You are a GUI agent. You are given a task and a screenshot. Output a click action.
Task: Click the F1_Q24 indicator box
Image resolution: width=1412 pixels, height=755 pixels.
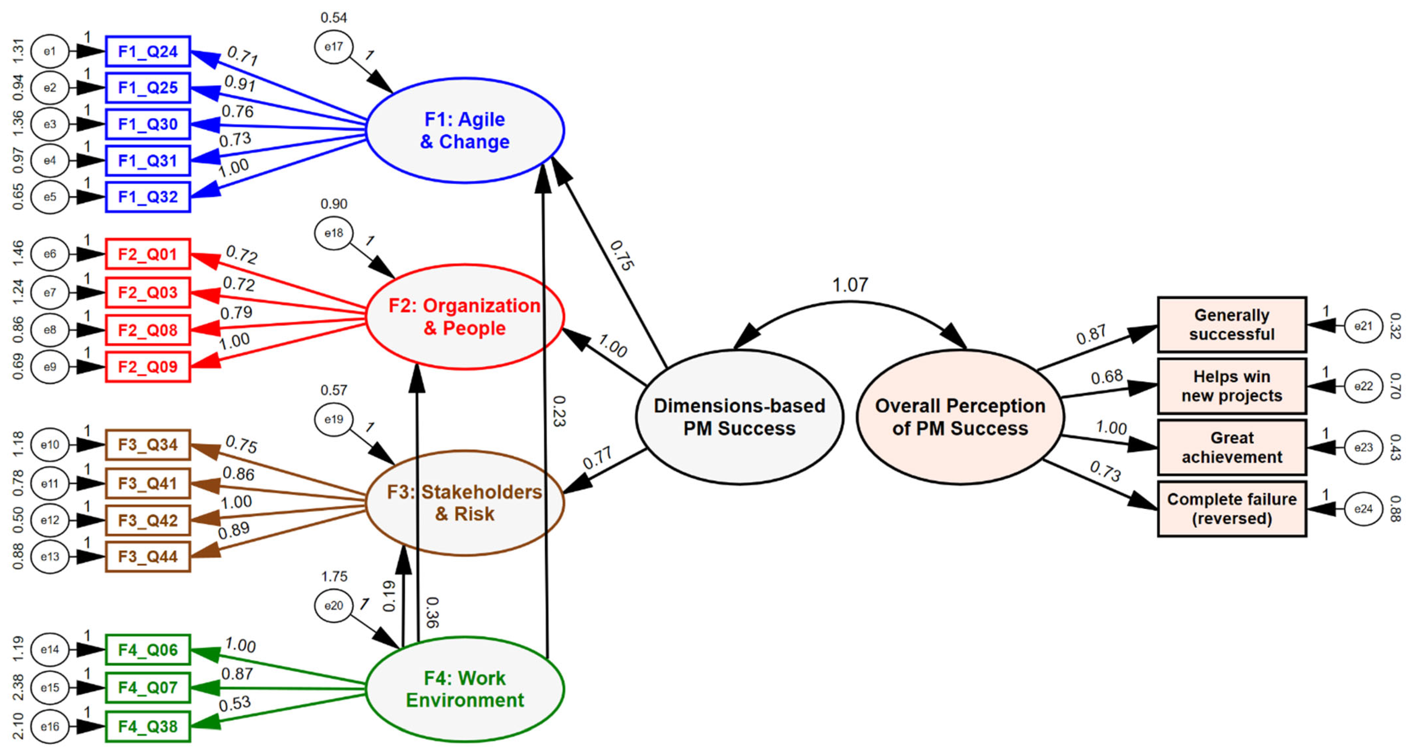pyautogui.click(x=148, y=52)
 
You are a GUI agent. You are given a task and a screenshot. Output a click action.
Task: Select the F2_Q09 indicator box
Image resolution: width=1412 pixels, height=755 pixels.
pyautogui.click(x=148, y=366)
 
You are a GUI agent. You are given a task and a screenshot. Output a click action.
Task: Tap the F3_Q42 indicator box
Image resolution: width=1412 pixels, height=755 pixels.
pyautogui.click(x=148, y=520)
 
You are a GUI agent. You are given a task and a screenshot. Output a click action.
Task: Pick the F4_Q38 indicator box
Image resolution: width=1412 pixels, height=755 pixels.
pyautogui.click(x=148, y=727)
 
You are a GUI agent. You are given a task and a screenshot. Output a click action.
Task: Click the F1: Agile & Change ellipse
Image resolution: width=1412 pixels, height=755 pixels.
pyautogui.click(x=465, y=130)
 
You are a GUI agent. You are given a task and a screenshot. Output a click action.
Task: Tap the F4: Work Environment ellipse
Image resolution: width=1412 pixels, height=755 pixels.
pyautogui.click(x=465, y=689)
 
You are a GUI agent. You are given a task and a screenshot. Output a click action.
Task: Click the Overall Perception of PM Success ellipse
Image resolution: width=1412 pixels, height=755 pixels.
pyautogui.click(x=960, y=417)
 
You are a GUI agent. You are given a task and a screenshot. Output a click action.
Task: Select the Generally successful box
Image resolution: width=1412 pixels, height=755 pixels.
pyautogui.click(x=1232, y=325)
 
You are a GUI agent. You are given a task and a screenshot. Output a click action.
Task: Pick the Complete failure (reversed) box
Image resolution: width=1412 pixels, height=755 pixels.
pyautogui.click(x=1232, y=509)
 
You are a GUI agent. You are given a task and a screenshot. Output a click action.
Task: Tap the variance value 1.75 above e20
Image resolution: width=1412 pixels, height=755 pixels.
pyautogui.click(x=334, y=576)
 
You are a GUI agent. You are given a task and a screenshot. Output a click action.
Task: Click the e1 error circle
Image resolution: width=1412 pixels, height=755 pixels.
pyautogui.click(x=49, y=52)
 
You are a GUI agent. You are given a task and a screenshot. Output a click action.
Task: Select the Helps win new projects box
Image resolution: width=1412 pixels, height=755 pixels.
pyautogui.click(x=1232, y=386)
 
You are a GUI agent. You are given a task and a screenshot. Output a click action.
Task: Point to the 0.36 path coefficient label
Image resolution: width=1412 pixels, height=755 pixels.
pyautogui.click(x=432, y=612)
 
